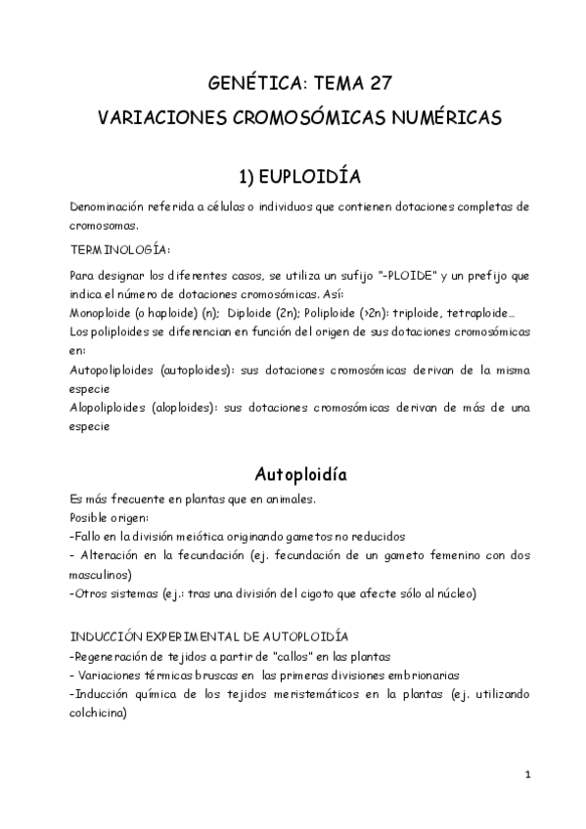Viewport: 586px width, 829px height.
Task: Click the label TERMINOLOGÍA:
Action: tap(120, 249)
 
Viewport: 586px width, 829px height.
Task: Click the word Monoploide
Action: tap(103, 313)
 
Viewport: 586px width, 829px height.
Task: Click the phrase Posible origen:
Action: tap(106, 517)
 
